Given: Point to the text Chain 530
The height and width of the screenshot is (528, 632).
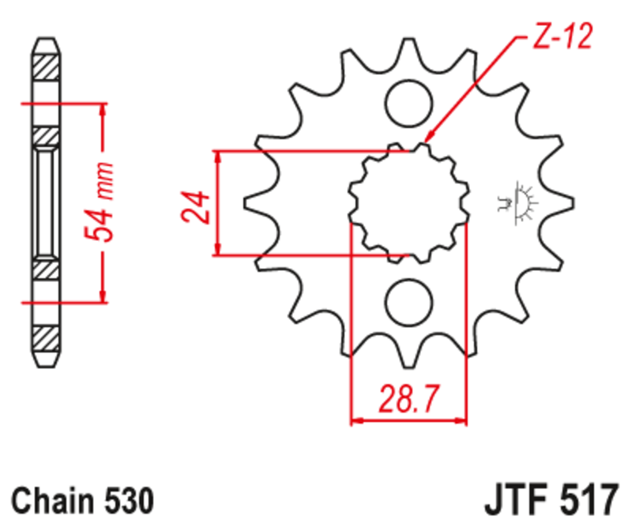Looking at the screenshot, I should click(82, 500).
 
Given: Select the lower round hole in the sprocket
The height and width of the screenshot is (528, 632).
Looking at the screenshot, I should click(408, 304).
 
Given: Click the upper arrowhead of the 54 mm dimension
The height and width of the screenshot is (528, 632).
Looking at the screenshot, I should click(101, 109).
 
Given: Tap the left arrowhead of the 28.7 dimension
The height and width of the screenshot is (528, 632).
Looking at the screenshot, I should click(356, 421).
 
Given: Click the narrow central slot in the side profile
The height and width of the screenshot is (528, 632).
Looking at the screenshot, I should click(44, 202).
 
